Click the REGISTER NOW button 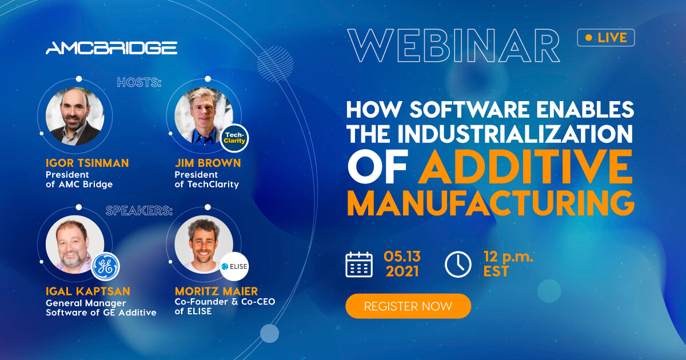point(408,306)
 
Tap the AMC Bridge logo point(111,48)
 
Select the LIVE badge point(606,38)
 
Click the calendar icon point(359,265)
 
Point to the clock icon point(458,265)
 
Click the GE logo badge point(105,267)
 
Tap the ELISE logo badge point(234,267)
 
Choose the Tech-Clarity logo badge point(234,138)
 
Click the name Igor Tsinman point(87,163)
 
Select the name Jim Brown point(208,163)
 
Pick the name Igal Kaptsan point(88,291)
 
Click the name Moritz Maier point(216,291)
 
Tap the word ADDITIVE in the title point(525,166)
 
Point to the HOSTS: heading point(139,83)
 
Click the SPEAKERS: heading point(139,211)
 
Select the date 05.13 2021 point(402,264)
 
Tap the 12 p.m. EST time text point(508,264)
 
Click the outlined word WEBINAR point(454,46)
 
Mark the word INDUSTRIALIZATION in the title point(515,134)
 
